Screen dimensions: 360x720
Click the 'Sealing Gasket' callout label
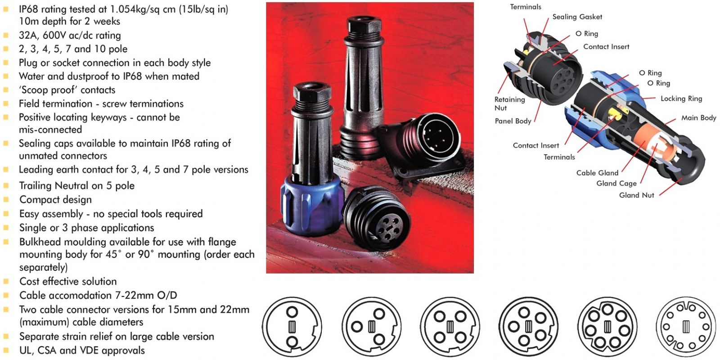577,17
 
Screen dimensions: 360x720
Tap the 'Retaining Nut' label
509,103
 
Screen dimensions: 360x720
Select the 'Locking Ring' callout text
681,99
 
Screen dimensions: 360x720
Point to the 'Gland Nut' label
636,195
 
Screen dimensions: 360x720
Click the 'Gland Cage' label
616,183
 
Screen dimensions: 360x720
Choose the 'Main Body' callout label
698,118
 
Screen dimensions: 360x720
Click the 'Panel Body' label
513,121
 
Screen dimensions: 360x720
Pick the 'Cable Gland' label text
597,173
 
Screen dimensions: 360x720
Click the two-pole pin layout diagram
292,327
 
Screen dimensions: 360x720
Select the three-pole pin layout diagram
371,327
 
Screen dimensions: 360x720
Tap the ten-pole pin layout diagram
685,327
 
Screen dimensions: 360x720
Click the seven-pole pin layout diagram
607,327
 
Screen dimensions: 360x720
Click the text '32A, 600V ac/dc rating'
70,35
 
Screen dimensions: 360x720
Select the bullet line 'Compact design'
55,199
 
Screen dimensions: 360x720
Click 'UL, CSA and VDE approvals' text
82,350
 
